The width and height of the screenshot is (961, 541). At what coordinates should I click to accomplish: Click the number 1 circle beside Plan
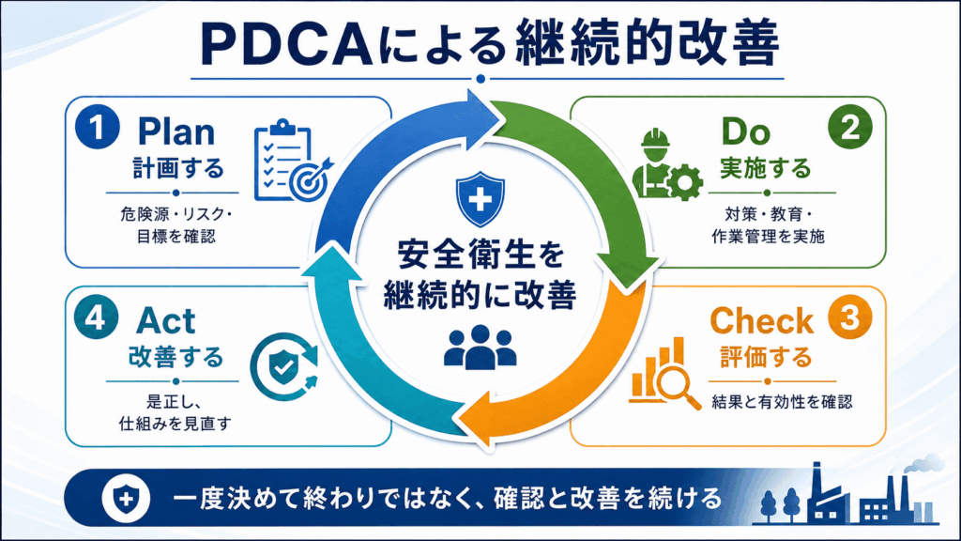tap(97, 127)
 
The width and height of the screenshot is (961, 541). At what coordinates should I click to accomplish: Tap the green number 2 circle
tap(850, 127)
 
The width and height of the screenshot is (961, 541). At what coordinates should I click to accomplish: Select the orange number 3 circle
tap(850, 317)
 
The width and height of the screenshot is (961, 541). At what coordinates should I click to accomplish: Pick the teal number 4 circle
tap(97, 317)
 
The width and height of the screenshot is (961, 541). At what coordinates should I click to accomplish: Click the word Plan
tap(176, 131)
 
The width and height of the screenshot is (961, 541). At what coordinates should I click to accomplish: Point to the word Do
tap(746, 131)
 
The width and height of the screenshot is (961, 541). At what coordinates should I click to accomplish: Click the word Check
tap(762, 321)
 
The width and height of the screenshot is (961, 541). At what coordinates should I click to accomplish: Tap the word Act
tap(165, 321)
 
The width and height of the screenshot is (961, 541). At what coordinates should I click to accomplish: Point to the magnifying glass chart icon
tap(665, 374)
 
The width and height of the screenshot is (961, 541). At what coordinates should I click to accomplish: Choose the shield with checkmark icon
tap(284, 367)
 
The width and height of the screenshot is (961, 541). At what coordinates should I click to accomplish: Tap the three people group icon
tap(480, 348)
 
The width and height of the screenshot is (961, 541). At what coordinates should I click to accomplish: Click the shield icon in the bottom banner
tap(127, 498)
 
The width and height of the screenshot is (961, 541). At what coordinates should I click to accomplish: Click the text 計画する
tap(177, 168)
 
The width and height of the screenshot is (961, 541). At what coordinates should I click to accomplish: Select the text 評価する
tap(766, 357)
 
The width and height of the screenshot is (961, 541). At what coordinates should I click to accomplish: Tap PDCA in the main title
tap(286, 45)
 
